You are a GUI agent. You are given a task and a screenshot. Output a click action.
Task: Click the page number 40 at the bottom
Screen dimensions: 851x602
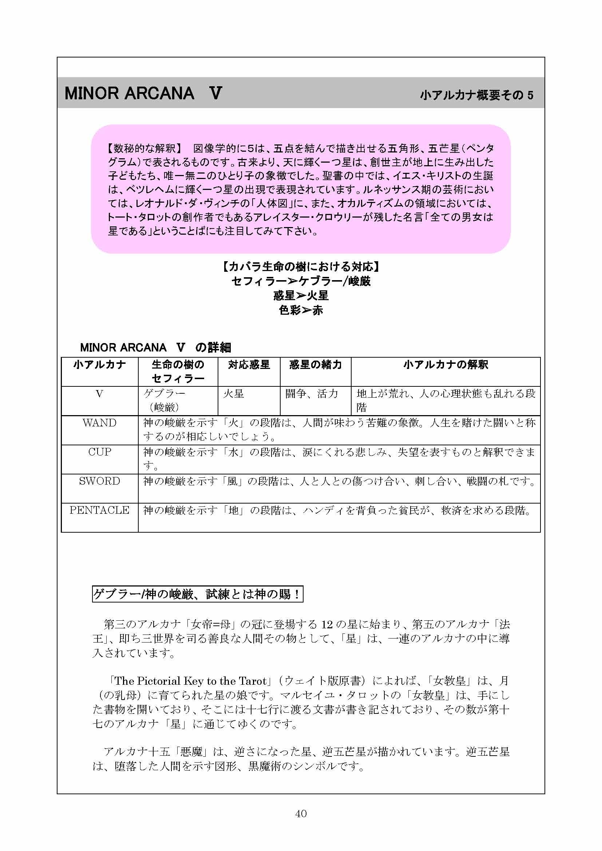(301, 813)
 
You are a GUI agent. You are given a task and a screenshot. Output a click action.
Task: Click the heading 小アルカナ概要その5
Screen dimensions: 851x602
(476, 95)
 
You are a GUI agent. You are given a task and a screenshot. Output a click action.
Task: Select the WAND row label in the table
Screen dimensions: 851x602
(99, 423)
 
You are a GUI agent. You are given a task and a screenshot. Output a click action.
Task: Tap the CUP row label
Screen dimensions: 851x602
(99, 452)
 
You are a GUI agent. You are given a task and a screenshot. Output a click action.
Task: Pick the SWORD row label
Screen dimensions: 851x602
(99, 481)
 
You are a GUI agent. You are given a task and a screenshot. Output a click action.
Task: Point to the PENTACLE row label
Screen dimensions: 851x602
(99, 510)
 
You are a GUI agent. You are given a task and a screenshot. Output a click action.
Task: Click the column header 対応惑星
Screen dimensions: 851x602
(249, 365)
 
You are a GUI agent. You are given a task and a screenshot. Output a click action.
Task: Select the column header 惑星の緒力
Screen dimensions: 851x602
(316, 365)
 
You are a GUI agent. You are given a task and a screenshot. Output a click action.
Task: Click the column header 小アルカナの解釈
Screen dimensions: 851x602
(445, 365)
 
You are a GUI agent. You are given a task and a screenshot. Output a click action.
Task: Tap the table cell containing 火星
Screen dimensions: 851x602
(234, 394)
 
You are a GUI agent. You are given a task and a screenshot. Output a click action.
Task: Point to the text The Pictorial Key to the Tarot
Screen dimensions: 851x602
(190, 681)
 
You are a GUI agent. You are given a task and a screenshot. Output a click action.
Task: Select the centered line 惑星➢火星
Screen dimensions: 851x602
(301, 296)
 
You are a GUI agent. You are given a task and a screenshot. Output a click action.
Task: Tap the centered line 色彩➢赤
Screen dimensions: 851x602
(301, 310)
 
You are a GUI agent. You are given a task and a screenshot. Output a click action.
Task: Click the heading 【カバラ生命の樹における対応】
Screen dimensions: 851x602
(301, 266)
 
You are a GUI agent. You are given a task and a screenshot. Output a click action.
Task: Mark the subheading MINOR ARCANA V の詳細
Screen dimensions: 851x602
(155, 347)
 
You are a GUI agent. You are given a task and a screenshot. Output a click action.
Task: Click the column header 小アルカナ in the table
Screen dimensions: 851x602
(99, 365)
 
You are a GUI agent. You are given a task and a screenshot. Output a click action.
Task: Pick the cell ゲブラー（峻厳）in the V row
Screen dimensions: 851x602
(164, 400)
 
